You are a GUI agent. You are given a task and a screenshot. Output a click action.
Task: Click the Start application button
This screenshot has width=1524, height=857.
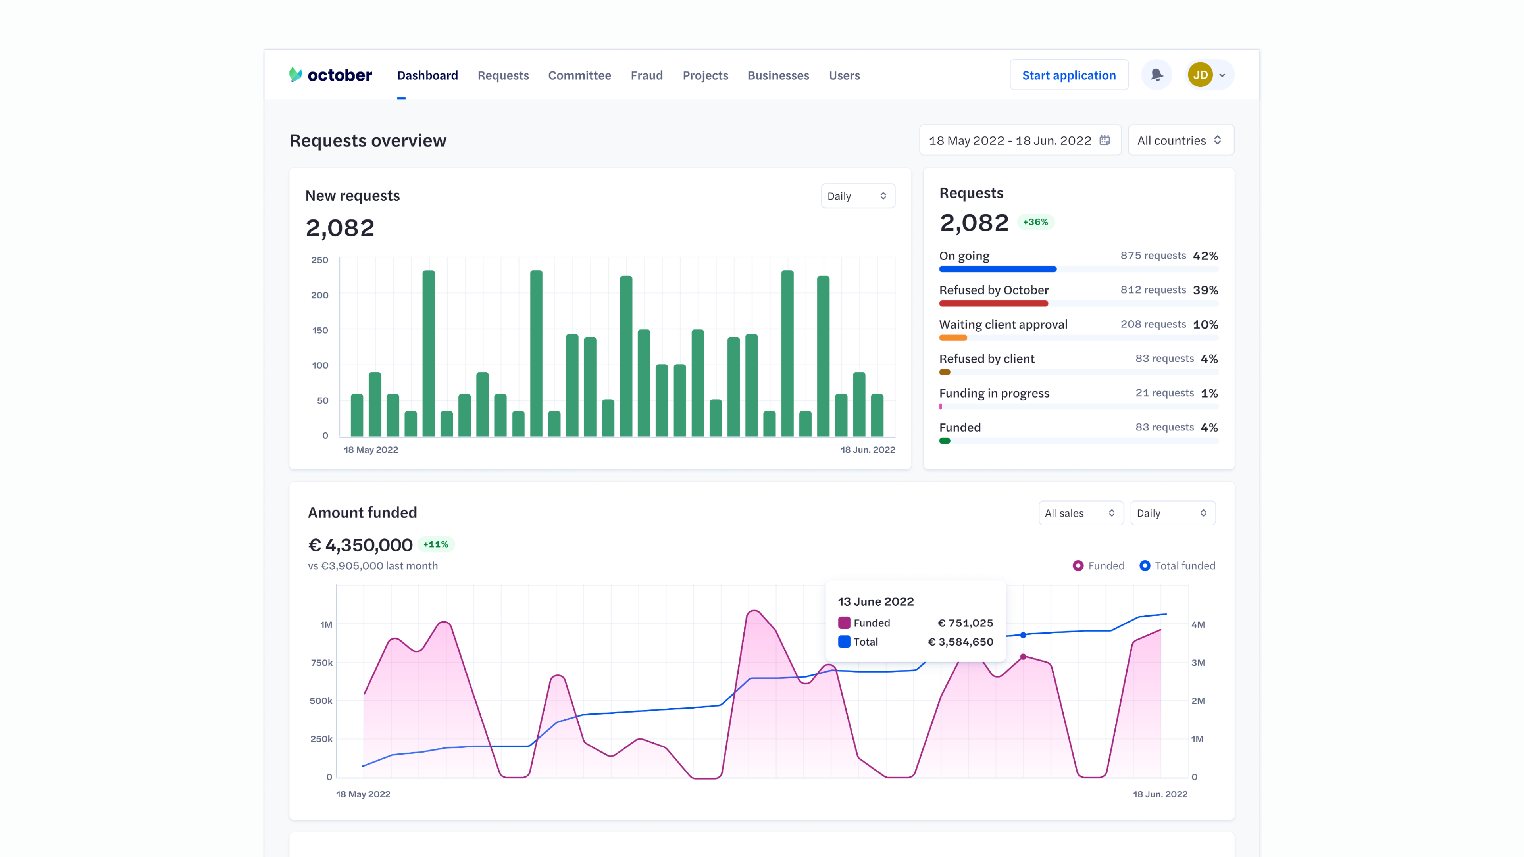(1068, 75)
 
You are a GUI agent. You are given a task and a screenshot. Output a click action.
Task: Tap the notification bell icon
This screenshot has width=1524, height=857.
(1156, 75)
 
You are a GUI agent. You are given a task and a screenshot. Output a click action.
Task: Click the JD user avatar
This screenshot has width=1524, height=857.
(1200, 75)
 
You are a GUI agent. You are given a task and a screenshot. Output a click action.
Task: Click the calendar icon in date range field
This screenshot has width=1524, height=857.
(1105, 140)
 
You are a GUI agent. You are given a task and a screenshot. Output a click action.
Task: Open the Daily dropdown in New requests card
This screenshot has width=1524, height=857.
(857, 196)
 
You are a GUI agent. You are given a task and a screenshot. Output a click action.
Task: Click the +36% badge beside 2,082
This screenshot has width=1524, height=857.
(1035, 222)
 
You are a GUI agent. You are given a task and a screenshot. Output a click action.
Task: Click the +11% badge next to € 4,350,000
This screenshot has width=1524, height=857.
(435, 544)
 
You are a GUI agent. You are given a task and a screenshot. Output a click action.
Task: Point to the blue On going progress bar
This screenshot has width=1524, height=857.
(997, 269)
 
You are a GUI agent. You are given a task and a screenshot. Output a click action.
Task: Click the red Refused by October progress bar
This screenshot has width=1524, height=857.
(993, 304)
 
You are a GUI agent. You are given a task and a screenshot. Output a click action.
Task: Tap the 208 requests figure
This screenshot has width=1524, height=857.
(1153, 324)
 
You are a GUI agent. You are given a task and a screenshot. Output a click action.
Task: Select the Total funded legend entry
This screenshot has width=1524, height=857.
(1177, 565)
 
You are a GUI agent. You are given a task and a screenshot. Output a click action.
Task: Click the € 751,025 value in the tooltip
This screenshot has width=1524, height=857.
(965, 623)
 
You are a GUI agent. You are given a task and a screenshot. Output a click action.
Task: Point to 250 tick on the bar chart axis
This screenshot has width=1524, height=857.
(319, 260)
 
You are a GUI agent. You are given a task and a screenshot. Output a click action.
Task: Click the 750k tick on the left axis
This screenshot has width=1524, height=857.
(322, 663)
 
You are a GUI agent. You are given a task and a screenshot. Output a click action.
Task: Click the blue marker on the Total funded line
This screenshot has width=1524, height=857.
(1023, 635)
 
